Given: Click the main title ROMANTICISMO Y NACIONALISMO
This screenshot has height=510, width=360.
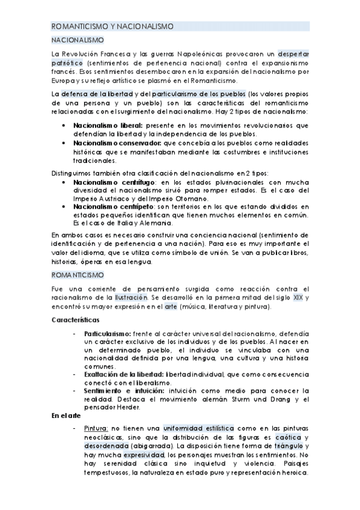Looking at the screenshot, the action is point(113,26).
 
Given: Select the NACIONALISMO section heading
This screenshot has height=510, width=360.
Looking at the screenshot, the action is point(77,40).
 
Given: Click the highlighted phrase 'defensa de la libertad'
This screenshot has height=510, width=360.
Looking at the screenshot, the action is point(95,94).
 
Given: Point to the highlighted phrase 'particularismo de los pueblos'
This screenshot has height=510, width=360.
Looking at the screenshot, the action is point(199,94).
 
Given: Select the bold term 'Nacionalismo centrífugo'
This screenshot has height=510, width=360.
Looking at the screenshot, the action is point(114,182).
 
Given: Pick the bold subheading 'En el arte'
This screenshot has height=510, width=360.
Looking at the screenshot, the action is point(66,416).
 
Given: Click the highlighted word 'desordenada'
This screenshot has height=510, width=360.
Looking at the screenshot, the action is point(108,446).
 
